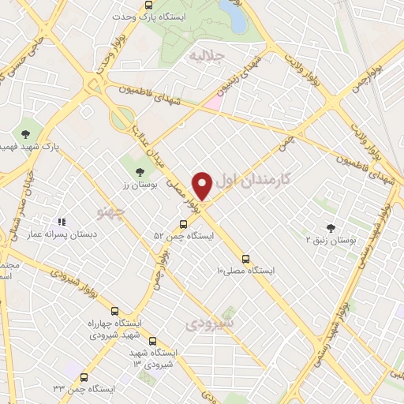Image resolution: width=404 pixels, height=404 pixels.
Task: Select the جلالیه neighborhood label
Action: click(x=209, y=57)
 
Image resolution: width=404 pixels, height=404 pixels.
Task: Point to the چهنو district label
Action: click(x=109, y=212)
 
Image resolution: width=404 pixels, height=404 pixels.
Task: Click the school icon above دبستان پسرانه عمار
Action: click(x=62, y=223)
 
